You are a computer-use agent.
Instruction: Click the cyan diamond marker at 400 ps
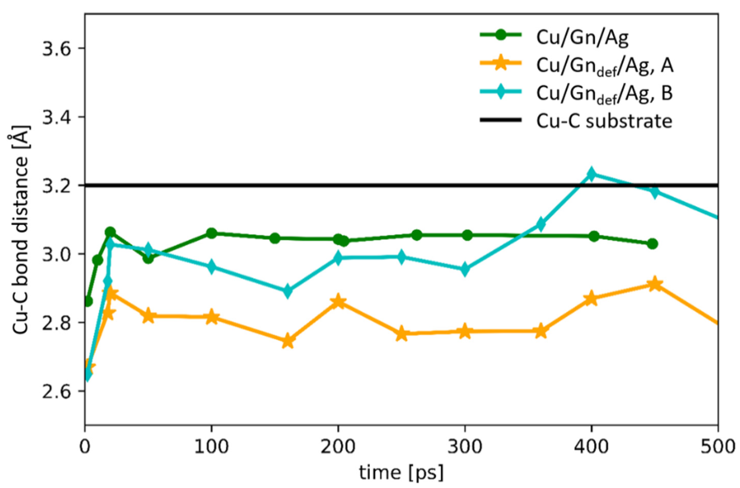(591, 174)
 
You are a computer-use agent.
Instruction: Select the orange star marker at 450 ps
(655, 284)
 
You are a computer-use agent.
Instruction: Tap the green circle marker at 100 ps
(211, 233)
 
